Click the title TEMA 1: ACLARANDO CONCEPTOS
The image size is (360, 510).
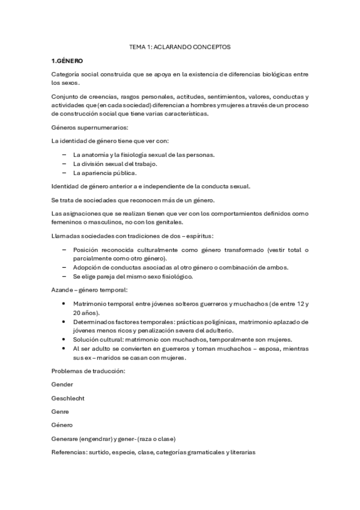pos(180,46)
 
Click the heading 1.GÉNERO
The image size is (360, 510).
pos(67,61)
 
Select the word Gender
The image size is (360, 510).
pos(63,384)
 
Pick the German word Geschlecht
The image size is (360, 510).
pos(69,398)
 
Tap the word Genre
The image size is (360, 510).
pos(61,411)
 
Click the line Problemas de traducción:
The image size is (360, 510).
pos(88,370)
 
